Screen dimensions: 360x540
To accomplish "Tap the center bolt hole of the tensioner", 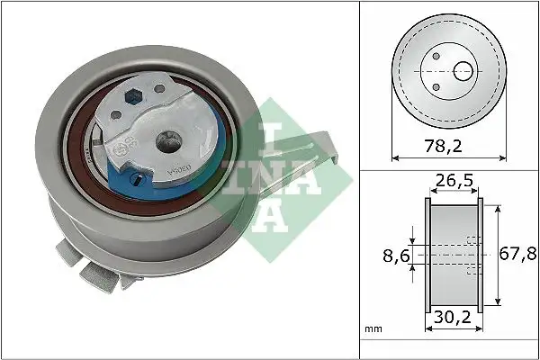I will [x=166, y=139].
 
